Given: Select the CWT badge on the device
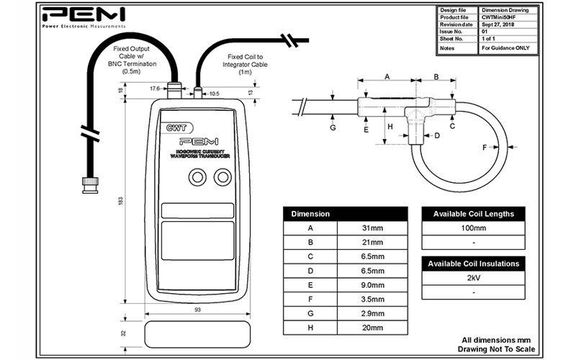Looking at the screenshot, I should pos(176,127).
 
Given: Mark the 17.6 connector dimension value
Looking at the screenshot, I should pos(154,89).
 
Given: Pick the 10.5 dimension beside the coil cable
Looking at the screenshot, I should pos(214,93).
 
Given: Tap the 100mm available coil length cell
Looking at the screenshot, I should pos(473,228).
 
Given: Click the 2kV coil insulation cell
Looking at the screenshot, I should pos(473,278).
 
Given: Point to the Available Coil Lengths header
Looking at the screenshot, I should pos(473,215).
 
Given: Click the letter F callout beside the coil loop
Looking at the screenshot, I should pos(485,148).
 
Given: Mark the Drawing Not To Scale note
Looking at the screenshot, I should pos(495,348).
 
